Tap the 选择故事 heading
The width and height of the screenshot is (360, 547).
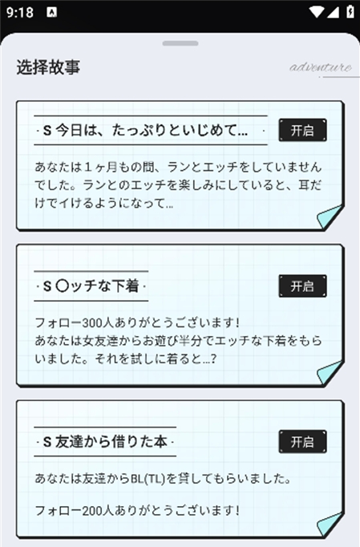[x=48, y=67]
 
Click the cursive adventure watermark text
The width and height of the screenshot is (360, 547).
[x=320, y=67]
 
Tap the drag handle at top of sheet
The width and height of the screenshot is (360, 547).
[x=180, y=43]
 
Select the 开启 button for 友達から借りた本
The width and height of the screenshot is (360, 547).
[x=302, y=442]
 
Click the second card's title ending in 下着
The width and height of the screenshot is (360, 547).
[x=91, y=286]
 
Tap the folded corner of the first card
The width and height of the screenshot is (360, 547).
[x=330, y=217]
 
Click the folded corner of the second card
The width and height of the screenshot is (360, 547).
[x=330, y=373]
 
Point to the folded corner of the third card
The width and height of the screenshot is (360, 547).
[x=330, y=524]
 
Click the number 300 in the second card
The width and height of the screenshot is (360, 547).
[x=93, y=322]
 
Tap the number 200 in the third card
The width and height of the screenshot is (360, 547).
[x=93, y=511]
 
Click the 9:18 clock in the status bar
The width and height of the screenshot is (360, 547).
[x=20, y=13]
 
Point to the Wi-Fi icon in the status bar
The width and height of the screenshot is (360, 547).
[x=316, y=12]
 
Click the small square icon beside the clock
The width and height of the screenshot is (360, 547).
[x=51, y=13]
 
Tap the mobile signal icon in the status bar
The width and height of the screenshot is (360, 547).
[x=333, y=12]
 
